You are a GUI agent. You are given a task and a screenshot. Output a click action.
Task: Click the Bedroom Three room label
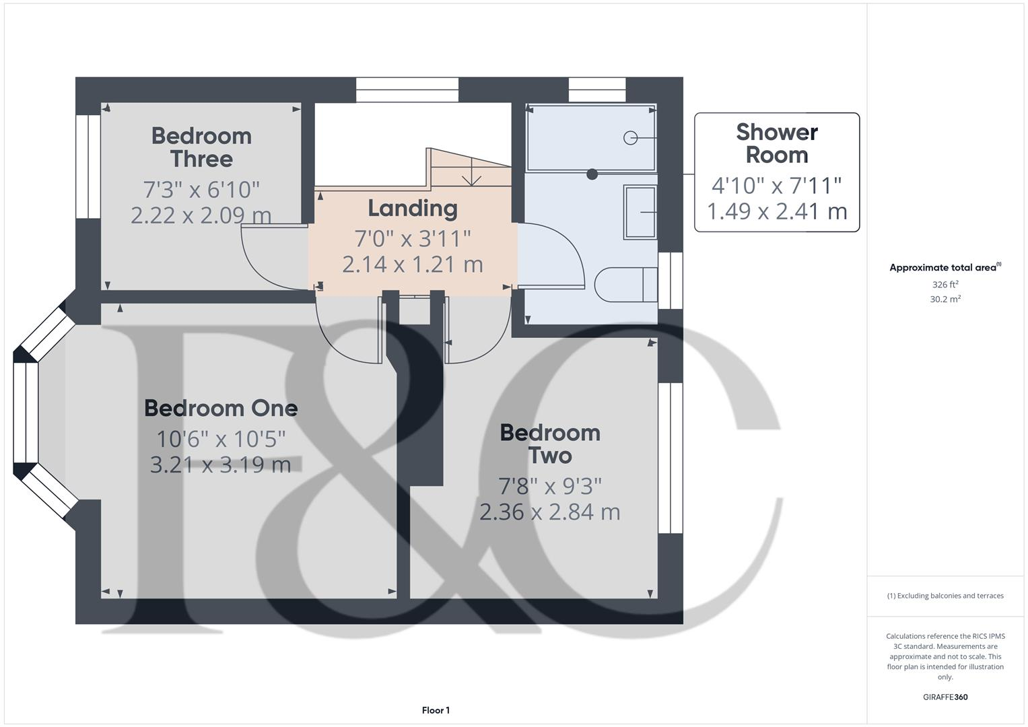(x=201, y=147)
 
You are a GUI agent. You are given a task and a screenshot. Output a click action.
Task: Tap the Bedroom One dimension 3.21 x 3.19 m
(x=220, y=464)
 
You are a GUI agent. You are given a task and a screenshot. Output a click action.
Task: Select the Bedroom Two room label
(x=550, y=444)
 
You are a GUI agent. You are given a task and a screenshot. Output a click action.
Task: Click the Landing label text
(x=413, y=209)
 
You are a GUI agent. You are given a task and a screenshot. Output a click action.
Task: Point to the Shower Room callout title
(x=777, y=143)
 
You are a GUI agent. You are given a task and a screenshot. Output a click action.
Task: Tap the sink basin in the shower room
(x=640, y=212)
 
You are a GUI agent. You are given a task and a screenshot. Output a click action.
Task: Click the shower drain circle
(x=631, y=137)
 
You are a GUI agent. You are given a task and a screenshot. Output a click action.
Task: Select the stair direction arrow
(x=472, y=176)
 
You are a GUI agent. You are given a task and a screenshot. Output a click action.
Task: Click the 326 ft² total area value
(x=945, y=285)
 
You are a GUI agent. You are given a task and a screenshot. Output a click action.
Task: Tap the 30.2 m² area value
(x=945, y=300)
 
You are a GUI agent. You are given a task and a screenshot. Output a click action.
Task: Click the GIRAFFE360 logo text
(x=945, y=697)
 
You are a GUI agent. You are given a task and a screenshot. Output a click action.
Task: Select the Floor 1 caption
(x=436, y=710)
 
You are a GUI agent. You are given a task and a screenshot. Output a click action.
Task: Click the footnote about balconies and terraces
(x=945, y=596)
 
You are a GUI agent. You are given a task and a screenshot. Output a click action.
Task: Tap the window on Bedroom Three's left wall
(x=88, y=167)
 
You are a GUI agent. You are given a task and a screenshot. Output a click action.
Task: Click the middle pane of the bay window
(x=26, y=413)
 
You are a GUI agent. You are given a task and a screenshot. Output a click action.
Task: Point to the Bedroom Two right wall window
(x=670, y=458)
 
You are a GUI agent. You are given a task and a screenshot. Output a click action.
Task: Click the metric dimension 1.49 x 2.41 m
(x=777, y=211)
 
